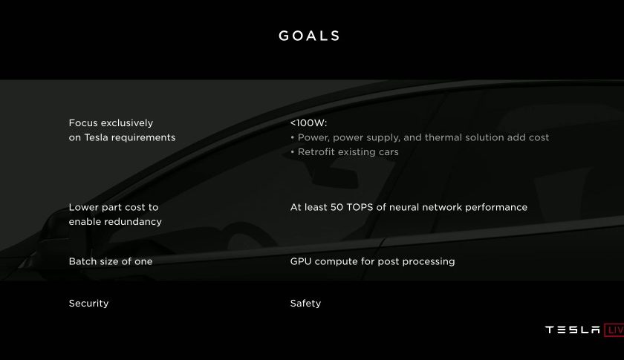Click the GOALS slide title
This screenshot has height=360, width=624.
pyautogui.click(x=309, y=36)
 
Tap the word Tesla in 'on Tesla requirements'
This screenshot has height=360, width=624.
pyautogui.click(x=96, y=137)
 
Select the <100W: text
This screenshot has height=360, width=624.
pyautogui.click(x=308, y=123)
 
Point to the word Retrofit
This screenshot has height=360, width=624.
pyautogui.click(x=316, y=152)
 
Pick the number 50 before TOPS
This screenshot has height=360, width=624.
pyautogui.click(x=337, y=207)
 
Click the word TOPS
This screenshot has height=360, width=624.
pyautogui.click(x=360, y=207)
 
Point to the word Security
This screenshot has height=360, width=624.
pyautogui.click(x=88, y=304)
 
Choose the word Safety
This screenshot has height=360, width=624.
pyautogui.click(x=305, y=304)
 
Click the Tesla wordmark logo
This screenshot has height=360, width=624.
pyautogui.click(x=573, y=330)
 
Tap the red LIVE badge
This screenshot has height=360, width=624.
pyautogui.click(x=614, y=330)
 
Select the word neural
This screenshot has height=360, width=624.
pyautogui.click(x=404, y=207)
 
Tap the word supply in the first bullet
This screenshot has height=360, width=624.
pyautogui.click(x=386, y=138)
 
